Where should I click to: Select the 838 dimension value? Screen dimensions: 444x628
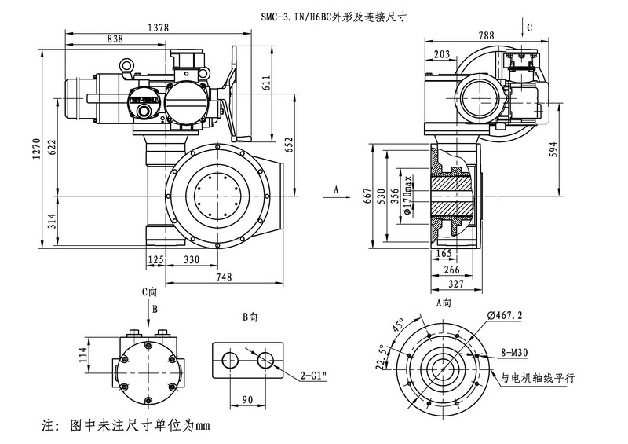click(x=115, y=39)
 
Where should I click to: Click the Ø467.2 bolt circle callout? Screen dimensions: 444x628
click(x=507, y=314)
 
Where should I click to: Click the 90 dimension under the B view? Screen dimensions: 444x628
click(x=248, y=401)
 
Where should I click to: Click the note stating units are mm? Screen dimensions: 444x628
click(x=126, y=427)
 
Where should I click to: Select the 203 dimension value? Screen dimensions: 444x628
click(x=441, y=53)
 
